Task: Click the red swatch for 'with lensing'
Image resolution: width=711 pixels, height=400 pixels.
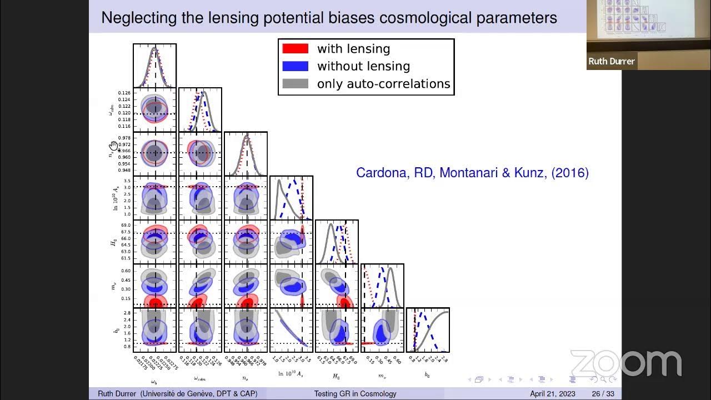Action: pos(295,48)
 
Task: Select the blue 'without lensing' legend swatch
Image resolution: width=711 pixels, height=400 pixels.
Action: pos(295,66)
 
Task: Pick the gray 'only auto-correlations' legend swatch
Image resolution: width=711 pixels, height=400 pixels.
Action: pos(295,84)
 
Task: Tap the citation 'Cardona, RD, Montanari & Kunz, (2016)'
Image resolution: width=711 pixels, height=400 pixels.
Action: pos(472,173)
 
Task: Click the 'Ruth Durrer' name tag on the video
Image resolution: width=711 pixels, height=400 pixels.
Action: pos(612,62)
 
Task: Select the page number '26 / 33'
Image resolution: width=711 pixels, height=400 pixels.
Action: pos(603,394)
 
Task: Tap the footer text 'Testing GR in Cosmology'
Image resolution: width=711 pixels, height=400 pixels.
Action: pos(355,394)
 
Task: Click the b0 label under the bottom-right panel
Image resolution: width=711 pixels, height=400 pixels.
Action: pos(427,375)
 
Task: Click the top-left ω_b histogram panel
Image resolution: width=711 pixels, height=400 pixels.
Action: pos(154,66)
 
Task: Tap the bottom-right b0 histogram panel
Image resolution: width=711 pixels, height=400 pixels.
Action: pos(427,330)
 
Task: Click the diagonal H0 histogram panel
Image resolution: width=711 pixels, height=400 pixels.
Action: pos(337,242)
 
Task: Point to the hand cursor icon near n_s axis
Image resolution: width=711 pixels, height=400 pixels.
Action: pos(113,146)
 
